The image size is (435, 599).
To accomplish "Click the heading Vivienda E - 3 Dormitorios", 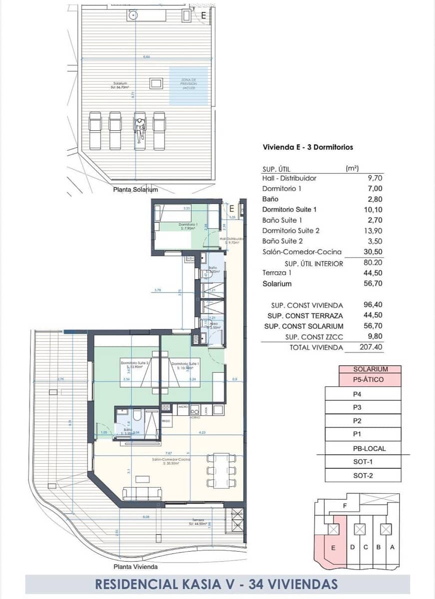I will (x=308, y=147).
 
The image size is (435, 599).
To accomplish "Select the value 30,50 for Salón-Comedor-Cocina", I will (x=373, y=252).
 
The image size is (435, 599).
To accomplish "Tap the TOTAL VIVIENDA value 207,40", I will (x=373, y=347).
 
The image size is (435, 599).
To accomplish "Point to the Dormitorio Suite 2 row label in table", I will (x=291, y=231).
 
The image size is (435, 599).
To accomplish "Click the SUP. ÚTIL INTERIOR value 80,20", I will (x=373, y=263).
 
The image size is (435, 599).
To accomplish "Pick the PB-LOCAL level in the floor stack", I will (x=369, y=448).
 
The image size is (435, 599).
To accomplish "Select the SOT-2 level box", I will (x=363, y=475).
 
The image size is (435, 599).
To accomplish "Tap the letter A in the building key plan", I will (x=392, y=547).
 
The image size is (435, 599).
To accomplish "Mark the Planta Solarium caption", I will (x=135, y=190).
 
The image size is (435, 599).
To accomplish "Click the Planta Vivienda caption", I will (x=135, y=567).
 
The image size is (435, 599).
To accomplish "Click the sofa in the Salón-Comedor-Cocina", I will (x=142, y=493).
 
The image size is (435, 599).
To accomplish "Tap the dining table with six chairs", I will (x=221, y=470).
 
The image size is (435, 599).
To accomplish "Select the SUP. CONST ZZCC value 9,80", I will (x=373, y=337).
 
